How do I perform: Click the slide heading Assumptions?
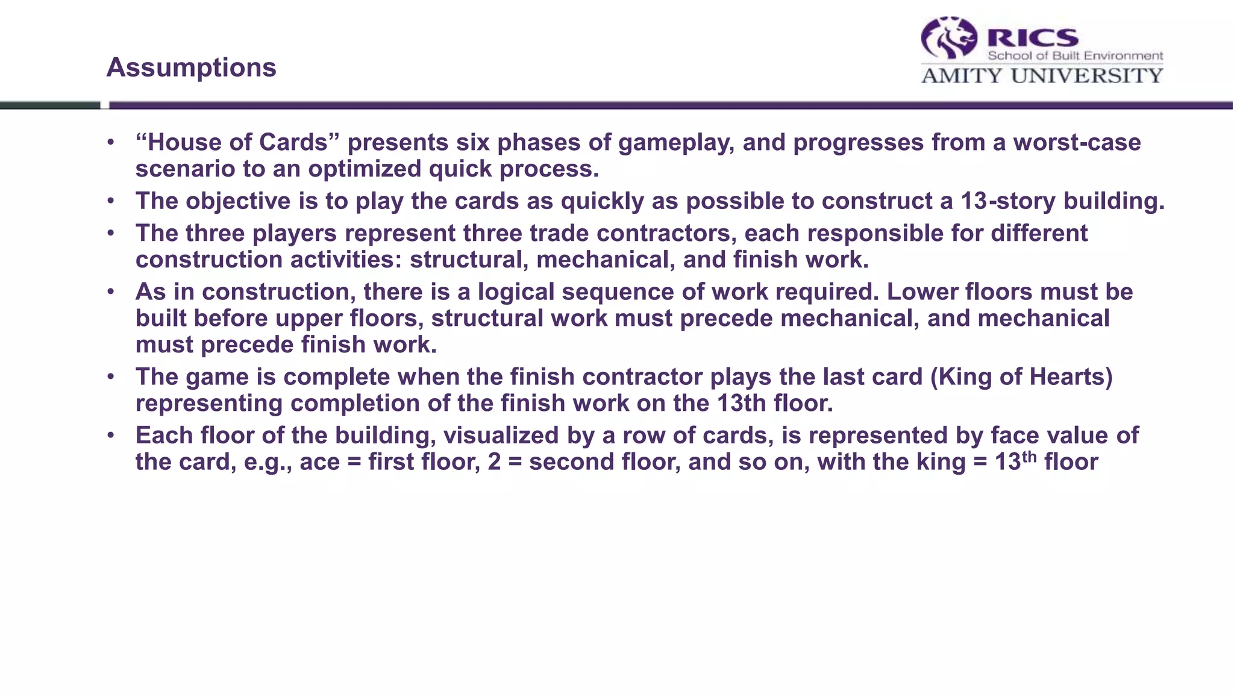pyautogui.click(x=191, y=67)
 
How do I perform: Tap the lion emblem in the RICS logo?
pyautogui.click(x=949, y=38)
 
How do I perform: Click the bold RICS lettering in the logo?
pyautogui.click(x=1032, y=38)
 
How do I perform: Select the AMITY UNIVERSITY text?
pyautogui.click(x=1042, y=76)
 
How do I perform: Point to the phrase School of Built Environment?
pyautogui.click(x=1075, y=56)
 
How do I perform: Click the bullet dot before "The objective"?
pyautogui.click(x=110, y=201)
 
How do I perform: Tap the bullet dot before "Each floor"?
pyautogui.click(x=110, y=436)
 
